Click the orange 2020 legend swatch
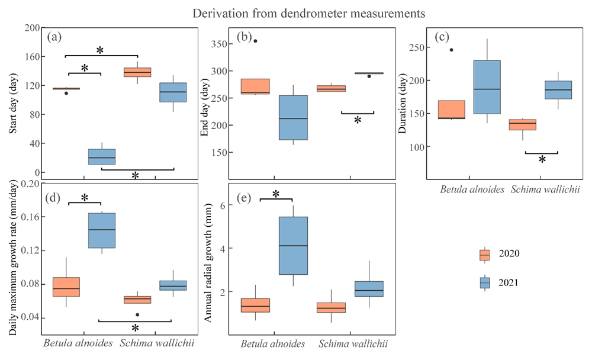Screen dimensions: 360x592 click(485, 254)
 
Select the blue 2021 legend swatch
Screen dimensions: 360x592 click(485, 282)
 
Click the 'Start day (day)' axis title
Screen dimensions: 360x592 click(13, 101)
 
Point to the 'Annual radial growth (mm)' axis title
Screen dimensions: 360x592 click(208, 261)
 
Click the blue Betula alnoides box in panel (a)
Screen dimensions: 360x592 click(102, 157)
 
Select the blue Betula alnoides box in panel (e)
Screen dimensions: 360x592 click(293, 245)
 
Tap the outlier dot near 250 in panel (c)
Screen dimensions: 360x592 click(451, 50)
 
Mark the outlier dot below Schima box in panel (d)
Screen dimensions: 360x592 click(137, 314)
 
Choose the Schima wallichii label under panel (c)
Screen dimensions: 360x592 click(544, 189)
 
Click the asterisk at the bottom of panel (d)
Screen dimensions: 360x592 click(135, 328)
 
